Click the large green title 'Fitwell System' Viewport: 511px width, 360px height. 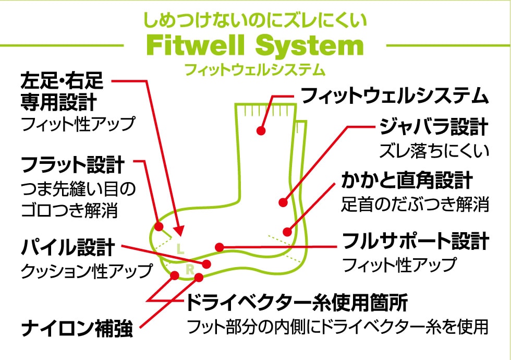coord(255,46)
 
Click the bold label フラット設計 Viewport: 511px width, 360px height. coord(72,165)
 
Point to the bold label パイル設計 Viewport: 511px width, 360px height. coord(67,247)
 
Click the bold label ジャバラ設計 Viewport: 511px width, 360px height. coord(433,127)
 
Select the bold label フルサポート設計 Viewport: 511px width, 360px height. coord(416,241)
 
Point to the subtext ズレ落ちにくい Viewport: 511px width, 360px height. coord(434,150)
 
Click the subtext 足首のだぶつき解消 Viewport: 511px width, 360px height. coord(416,203)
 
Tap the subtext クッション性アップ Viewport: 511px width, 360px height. coord(87,270)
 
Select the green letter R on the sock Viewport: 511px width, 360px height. coord(190,269)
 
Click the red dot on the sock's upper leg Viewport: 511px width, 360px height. coord(262,130)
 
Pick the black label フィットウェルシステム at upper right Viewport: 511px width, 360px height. coord(395,96)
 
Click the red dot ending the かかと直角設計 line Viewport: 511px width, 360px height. coord(286,232)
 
